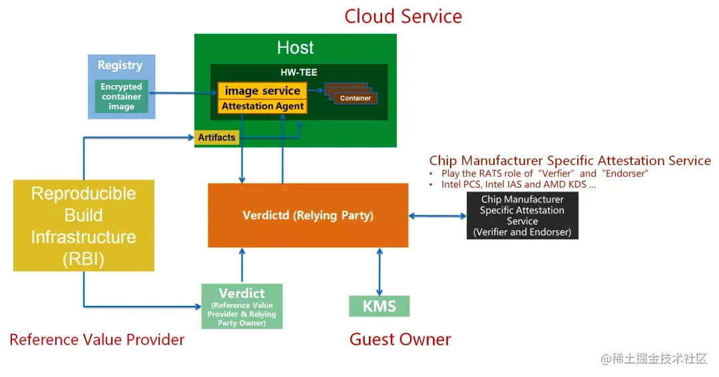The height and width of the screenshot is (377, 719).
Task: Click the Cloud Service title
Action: [x=403, y=16]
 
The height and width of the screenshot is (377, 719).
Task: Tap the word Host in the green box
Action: [x=295, y=48]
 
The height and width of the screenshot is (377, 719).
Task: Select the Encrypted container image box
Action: [x=121, y=96]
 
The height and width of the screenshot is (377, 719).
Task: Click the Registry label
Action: [x=120, y=65]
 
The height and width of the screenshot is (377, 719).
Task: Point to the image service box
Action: [x=262, y=91]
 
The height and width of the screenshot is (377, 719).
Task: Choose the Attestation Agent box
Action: [x=262, y=106]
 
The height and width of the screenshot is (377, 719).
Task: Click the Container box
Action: [x=355, y=98]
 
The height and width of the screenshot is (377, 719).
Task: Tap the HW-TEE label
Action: [x=299, y=72]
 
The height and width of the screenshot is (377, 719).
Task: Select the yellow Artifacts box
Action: [x=216, y=138]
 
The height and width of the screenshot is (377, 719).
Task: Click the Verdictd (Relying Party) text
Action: [x=308, y=215]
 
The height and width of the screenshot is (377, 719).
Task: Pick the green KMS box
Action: [x=379, y=307]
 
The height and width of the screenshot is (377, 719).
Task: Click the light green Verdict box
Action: [x=242, y=306]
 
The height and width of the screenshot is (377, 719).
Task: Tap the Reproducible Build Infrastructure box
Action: [x=84, y=226]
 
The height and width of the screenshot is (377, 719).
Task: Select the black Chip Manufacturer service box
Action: [x=522, y=215]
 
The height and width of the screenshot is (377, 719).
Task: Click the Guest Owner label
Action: [x=400, y=340]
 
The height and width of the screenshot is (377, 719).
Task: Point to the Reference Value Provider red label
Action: [x=97, y=340]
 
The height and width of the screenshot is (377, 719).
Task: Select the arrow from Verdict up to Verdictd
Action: [x=242, y=266]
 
